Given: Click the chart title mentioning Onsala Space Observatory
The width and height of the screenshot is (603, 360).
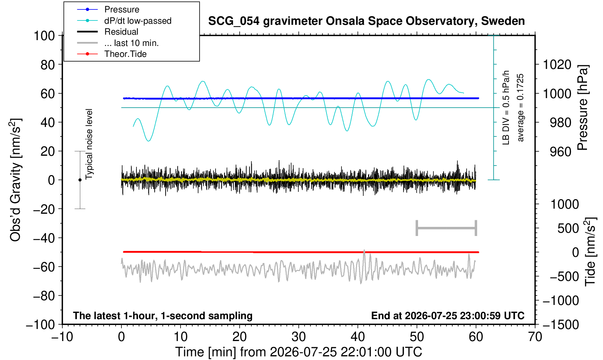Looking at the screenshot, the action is pos(366,21).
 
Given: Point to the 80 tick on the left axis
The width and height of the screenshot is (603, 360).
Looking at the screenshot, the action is pos(48,65).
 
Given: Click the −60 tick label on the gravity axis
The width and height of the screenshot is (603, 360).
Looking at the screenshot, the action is pos(44,267).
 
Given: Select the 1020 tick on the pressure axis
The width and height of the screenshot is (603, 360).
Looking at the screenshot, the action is pos(557,65).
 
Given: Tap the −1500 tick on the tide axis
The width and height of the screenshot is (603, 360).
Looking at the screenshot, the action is pos(561,325).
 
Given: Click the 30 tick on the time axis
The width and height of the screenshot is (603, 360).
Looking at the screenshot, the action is pos(298,337).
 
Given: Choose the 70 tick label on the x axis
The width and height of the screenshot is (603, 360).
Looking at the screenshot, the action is pos(535,337).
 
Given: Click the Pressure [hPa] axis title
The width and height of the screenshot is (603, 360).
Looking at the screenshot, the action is pos(583,108).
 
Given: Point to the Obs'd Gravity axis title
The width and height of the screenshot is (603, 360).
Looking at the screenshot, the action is pos(16,180).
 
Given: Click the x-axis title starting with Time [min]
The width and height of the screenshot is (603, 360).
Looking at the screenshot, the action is pos(298,352).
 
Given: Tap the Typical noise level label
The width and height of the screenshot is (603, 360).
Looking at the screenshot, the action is pos(89,144).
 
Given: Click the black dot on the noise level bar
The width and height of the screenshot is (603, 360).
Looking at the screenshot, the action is pos(80,180).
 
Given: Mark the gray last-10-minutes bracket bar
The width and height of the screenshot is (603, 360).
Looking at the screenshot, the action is pos(447,228).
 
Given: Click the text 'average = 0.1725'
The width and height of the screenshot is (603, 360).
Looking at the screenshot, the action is pos(520,108).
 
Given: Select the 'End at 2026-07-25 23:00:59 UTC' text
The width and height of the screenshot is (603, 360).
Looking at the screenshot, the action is pos(448,316).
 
